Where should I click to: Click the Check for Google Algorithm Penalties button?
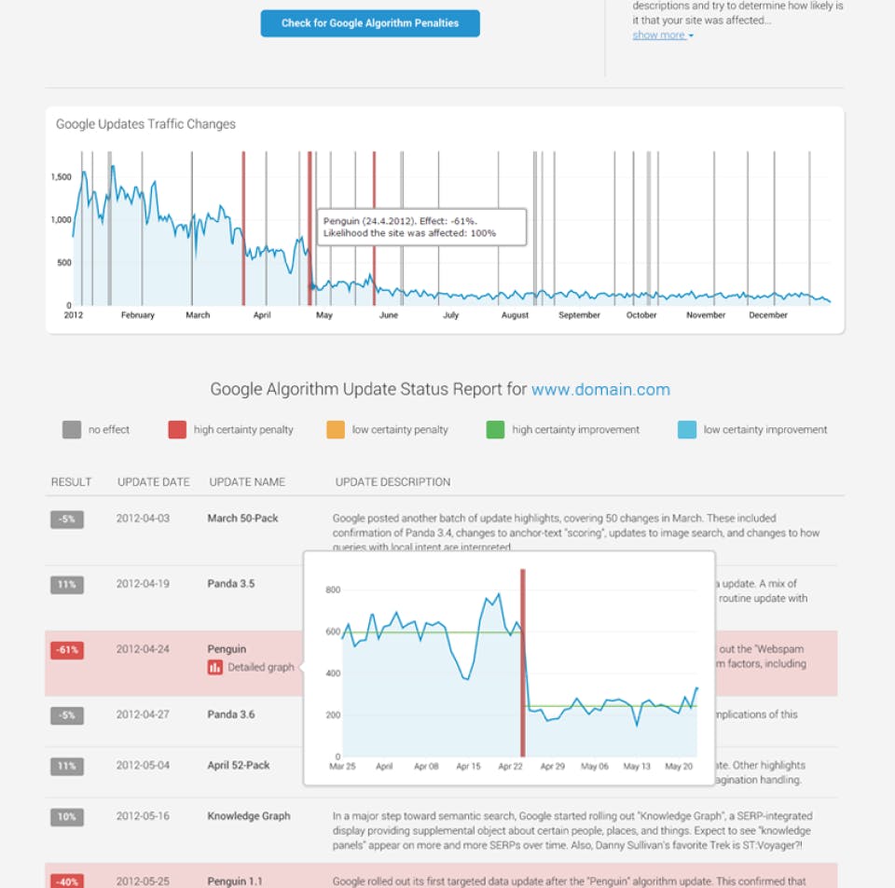click(x=370, y=23)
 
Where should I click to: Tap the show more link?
click(x=662, y=35)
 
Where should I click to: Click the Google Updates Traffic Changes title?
click(x=145, y=124)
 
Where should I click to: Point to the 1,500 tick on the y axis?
click(x=61, y=177)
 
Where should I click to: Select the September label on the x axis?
click(x=579, y=315)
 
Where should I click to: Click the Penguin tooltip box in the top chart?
click(x=420, y=227)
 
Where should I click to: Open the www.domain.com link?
click(x=600, y=390)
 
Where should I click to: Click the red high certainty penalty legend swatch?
click(x=177, y=430)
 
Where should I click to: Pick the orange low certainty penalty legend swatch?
click(x=336, y=430)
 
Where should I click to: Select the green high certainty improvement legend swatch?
click(x=495, y=430)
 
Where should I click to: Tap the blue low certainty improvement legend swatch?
click(x=687, y=430)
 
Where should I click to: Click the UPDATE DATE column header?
click(x=154, y=482)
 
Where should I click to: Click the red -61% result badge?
click(x=67, y=650)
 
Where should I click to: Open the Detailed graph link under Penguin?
click(x=260, y=667)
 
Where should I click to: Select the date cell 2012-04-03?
click(x=143, y=519)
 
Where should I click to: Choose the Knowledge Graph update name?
click(x=249, y=816)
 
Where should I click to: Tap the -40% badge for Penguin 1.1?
click(x=67, y=881)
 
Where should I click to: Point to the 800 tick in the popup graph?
click(x=333, y=590)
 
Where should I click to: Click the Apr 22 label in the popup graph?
click(x=511, y=767)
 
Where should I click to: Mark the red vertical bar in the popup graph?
click(x=523, y=662)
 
